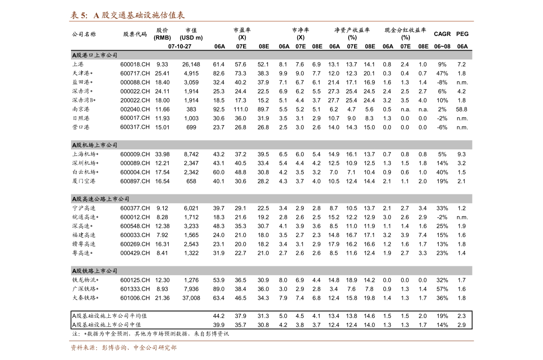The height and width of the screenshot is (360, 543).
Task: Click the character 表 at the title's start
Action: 75,15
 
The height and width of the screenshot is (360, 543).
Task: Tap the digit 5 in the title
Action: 83,15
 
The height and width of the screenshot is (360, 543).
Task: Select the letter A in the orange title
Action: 96,15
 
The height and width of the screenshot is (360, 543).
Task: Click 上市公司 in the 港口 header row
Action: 106,55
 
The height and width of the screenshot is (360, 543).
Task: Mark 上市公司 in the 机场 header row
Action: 106,145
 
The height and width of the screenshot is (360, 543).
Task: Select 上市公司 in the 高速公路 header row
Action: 118,199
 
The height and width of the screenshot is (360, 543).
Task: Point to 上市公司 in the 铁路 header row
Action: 106,271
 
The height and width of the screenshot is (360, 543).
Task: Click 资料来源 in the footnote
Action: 83,348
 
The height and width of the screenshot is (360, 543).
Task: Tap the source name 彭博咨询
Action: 114,348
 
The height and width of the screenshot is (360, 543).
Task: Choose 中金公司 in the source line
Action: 146,348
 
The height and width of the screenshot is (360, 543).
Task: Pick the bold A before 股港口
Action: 74,55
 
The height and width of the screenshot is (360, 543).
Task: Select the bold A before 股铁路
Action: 74,271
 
